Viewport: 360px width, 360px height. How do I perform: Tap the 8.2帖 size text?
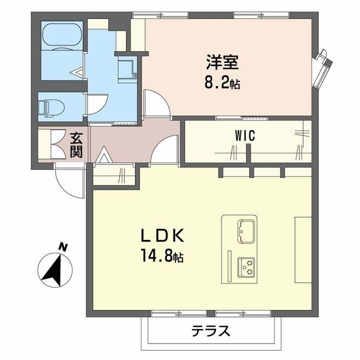[x=222, y=82]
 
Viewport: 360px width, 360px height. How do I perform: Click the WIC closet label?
[x=245, y=135]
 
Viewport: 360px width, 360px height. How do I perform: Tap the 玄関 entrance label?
[x=76, y=144]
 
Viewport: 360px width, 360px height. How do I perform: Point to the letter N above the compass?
[x=63, y=246]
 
